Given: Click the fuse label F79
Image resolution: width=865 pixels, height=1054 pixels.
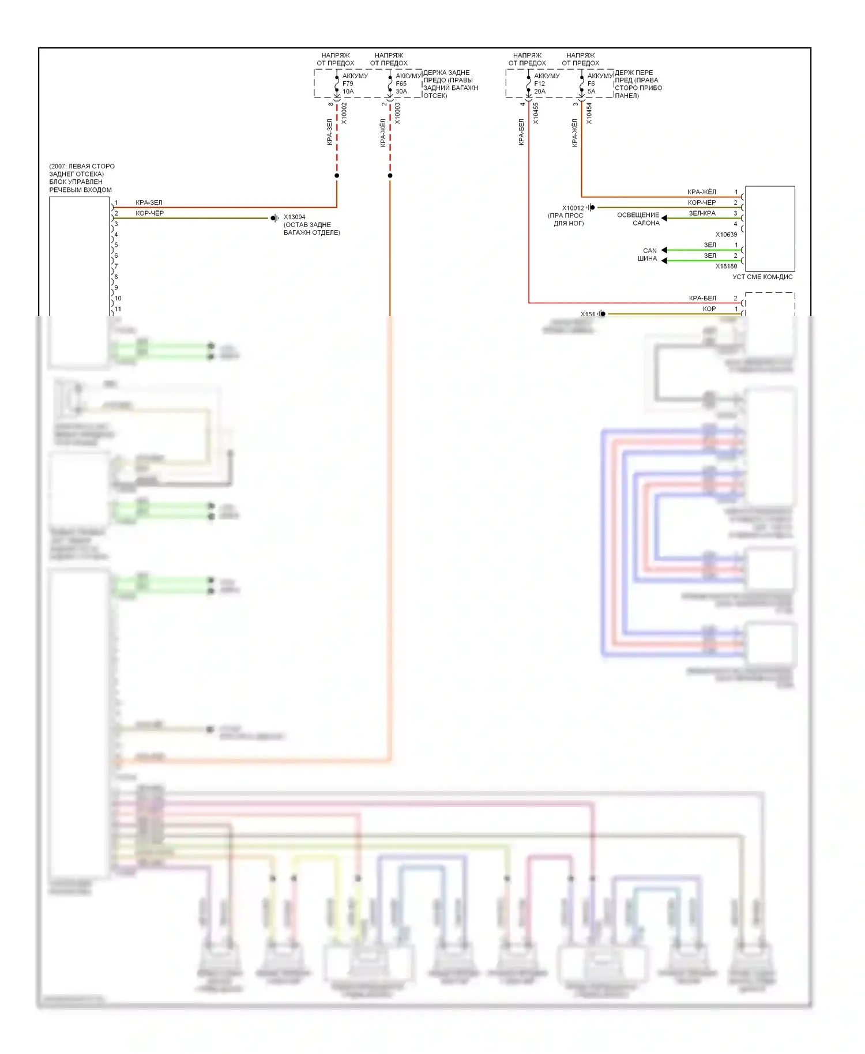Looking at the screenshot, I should tap(348, 84).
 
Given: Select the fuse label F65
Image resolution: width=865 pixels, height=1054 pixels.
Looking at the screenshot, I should tap(401, 84).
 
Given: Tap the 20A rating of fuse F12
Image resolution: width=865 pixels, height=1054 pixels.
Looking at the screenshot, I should tap(540, 92).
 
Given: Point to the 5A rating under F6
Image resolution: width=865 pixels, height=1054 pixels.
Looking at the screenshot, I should tap(591, 92).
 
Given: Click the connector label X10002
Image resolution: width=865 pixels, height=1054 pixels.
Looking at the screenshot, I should tap(344, 114).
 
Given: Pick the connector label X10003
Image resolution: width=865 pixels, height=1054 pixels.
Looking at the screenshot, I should tap(397, 114).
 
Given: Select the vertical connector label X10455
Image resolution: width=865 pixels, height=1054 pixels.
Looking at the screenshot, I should tap(536, 114).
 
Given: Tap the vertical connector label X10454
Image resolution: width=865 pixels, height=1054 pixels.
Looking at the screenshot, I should tap(589, 114).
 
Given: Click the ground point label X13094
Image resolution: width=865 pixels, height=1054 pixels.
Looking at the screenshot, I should tap(294, 217).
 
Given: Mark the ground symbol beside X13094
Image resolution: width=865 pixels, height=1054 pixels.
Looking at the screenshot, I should tap(274, 218).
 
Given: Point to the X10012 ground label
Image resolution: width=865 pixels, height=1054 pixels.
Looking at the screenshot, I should tap(573, 208).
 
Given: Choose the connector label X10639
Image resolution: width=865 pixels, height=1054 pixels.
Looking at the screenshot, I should tap(726, 235).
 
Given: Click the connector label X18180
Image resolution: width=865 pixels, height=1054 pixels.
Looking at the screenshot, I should tap(726, 266).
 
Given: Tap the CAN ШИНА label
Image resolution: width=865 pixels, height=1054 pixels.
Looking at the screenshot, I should tap(648, 255).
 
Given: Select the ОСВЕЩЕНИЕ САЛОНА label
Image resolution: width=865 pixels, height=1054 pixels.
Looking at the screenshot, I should tap(638, 219).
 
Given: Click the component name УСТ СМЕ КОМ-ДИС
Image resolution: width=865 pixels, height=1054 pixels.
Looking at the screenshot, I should tap(762, 277).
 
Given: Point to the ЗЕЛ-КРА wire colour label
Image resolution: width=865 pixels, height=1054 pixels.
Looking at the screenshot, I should tap(702, 213).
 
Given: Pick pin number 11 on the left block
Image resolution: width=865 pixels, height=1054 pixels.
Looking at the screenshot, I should tap(118, 309).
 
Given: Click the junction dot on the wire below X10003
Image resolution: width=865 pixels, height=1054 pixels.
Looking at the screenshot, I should tap(390, 175).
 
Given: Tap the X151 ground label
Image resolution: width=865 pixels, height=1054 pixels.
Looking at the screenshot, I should tap(588, 314).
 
